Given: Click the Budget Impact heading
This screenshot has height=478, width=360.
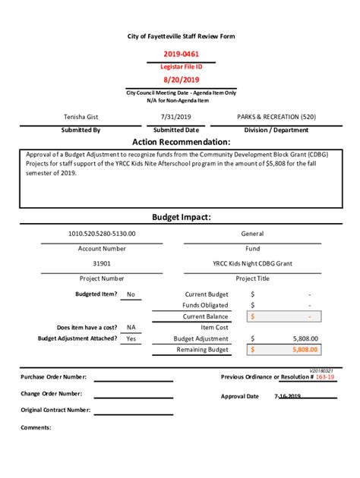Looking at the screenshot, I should point(181,217).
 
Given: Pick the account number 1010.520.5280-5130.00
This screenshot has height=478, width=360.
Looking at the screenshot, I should point(102,234).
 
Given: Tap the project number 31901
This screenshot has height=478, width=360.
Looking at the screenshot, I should point(102,263).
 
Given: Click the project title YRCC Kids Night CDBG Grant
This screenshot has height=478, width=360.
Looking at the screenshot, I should point(252,263).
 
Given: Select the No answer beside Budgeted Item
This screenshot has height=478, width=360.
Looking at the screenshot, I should point(131,294).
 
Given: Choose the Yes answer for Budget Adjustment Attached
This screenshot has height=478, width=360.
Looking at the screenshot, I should point(131,338).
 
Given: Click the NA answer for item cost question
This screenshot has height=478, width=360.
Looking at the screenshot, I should point(131,327).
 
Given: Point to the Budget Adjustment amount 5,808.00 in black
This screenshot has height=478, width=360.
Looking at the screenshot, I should point(305,338).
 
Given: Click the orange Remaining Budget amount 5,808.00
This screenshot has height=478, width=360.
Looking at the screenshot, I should point(304,350).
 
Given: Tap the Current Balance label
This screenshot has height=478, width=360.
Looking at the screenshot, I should point(205,316).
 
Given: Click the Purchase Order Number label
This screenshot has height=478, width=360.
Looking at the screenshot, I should point(53,376).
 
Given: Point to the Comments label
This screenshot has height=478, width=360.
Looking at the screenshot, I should point(36,427).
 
